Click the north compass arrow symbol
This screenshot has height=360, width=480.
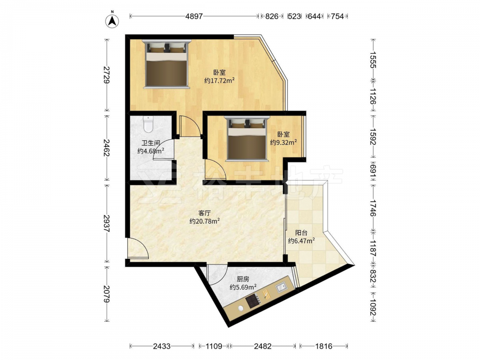pyautogui.click(x=112, y=20)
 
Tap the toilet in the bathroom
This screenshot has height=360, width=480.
pyautogui.click(x=148, y=124)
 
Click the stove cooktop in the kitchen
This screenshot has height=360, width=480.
pyautogui.click(x=253, y=301)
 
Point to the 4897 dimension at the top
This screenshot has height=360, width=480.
pyautogui.click(x=194, y=16)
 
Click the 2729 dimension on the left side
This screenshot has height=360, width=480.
pyautogui.click(x=107, y=74)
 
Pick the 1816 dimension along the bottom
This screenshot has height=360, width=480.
pyautogui.click(x=324, y=346)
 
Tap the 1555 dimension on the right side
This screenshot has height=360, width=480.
pyautogui.click(x=373, y=60)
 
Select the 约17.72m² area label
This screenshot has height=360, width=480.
pyautogui.click(x=219, y=81)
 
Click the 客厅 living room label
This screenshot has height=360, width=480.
pyautogui.click(x=204, y=213)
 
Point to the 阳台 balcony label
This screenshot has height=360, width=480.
pyautogui.click(x=301, y=233)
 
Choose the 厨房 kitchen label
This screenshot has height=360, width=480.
pyautogui.click(x=243, y=279)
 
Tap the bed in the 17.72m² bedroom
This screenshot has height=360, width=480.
pyautogui.click(x=167, y=64)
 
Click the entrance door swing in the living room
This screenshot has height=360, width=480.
pyautogui.click(x=138, y=249)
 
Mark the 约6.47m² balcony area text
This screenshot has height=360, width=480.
pyautogui.click(x=301, y=241)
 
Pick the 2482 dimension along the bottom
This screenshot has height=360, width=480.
pyautogui.click(x=263, y=346)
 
